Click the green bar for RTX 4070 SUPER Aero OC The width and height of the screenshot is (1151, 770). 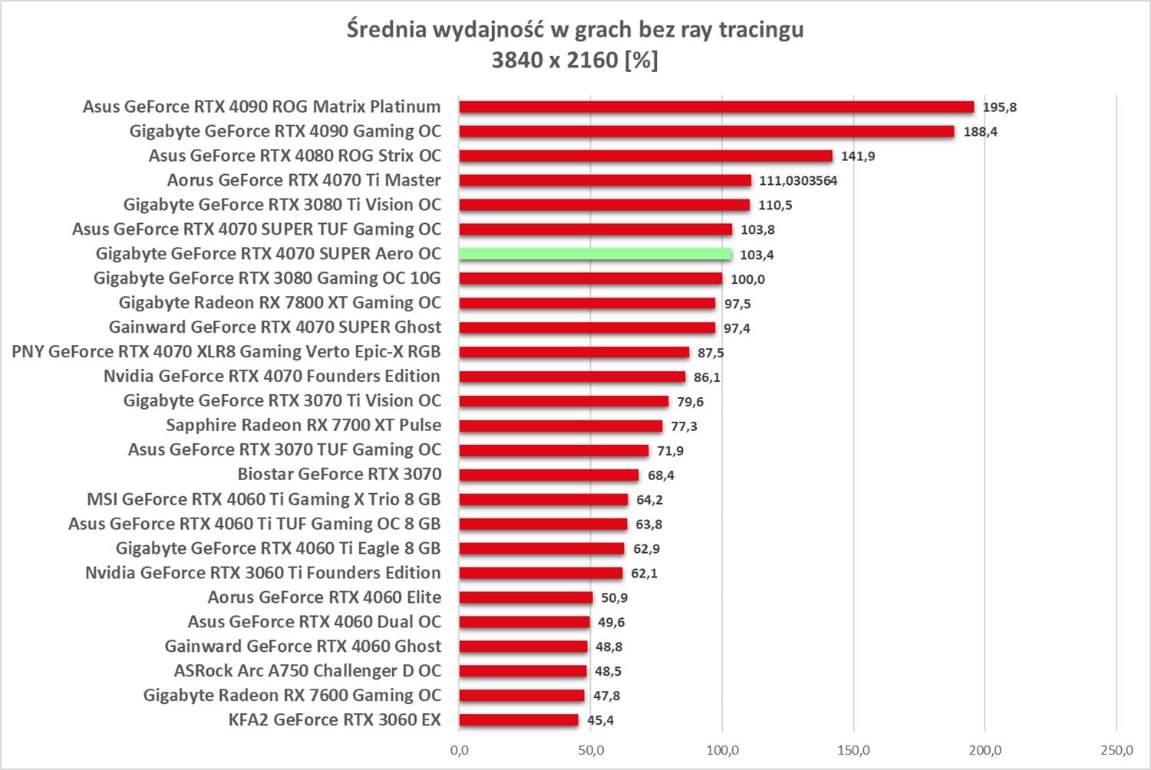(595, 254)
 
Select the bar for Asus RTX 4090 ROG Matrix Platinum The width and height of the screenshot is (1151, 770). (716, 107)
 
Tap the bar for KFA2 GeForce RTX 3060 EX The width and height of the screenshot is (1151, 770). (519, 720)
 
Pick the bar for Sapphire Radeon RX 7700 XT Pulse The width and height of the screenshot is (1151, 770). (561, 426)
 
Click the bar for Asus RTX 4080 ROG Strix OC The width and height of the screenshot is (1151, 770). (645, 156)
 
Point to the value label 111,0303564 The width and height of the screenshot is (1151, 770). (798, 181)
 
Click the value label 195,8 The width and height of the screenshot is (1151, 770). (999, 107)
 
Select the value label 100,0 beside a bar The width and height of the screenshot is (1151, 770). (747, 279)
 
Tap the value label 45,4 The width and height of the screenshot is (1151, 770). (600, 720)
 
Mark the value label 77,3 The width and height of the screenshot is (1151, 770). (684, 426)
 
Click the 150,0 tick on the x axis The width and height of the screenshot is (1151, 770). (854, 750)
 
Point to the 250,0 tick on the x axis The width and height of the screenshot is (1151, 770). (1116, 750)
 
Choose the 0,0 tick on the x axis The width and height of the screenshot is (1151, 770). (460, 750)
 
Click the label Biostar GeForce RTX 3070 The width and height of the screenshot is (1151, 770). (339, 474)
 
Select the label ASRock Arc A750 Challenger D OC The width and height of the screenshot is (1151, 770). (308, 670)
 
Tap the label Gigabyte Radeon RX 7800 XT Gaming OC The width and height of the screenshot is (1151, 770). (280, 302)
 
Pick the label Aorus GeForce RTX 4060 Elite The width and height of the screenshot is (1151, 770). (325, 597)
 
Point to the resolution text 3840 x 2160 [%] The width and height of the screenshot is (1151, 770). (575, 60)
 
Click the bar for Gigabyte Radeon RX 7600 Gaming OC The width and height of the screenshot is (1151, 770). (522, 696)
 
